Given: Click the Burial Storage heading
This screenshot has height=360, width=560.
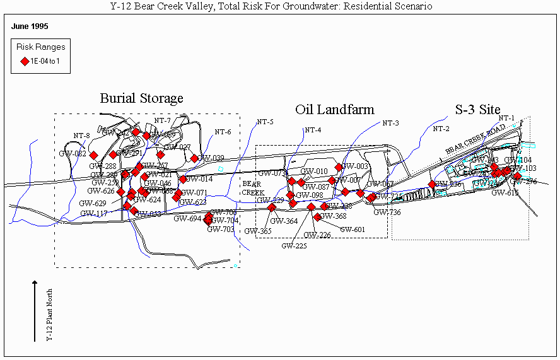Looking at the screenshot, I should coord(141,98).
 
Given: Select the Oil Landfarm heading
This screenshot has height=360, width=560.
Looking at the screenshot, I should coord(334,110).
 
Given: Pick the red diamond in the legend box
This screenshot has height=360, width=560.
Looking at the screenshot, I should coord(25,61).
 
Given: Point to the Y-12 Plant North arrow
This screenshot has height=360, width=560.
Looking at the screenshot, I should coord(35,311).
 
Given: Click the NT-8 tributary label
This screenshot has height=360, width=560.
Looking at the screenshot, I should coord(81,136).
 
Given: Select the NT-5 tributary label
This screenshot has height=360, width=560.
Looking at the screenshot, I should coord(265,122).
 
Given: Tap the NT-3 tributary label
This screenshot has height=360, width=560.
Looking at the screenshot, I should coord(390,122).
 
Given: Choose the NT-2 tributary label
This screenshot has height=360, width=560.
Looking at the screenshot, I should coord(441,129).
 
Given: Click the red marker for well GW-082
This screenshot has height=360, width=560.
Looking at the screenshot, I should coord(93,155).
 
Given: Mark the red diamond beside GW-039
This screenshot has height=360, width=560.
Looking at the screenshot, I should coord(195,158).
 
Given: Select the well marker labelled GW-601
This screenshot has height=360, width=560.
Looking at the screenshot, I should coord(317,217).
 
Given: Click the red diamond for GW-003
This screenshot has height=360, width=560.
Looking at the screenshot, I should coord(339,167).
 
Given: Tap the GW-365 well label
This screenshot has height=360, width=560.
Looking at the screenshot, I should coord(259,231).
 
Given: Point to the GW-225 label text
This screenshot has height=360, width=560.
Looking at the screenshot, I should coord(294,246).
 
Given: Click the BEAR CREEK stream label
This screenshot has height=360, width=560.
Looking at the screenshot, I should coord(254,188).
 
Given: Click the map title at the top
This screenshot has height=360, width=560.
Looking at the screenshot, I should coord(279,6).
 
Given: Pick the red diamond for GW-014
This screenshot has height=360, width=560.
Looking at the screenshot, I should coord(183,179).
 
